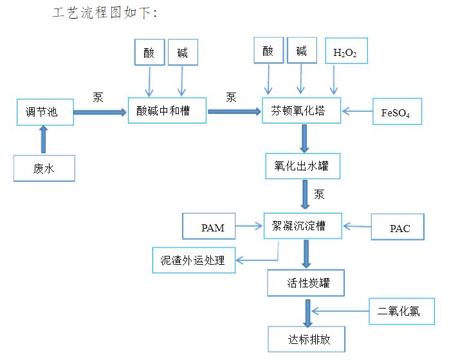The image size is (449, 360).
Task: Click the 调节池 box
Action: coord(44,112)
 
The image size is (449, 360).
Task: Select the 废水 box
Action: coord(44,168)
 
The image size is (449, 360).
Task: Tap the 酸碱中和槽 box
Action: coord(167,111)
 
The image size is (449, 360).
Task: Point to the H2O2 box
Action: coord(346,52)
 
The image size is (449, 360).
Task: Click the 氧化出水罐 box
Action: coord(302,165)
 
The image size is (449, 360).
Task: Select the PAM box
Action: coord(213,228)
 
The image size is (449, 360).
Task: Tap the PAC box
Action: coord(399,228)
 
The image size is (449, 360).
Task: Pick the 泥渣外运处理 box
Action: coord(193,260)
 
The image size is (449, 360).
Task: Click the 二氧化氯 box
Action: coord(399,310)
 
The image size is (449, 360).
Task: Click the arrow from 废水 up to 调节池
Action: coord(44,138)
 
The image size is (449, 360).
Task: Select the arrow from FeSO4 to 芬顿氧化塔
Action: coord(357,112)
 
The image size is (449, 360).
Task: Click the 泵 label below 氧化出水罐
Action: coord(320,194)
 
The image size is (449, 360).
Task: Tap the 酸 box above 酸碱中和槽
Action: coord(149,53)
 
